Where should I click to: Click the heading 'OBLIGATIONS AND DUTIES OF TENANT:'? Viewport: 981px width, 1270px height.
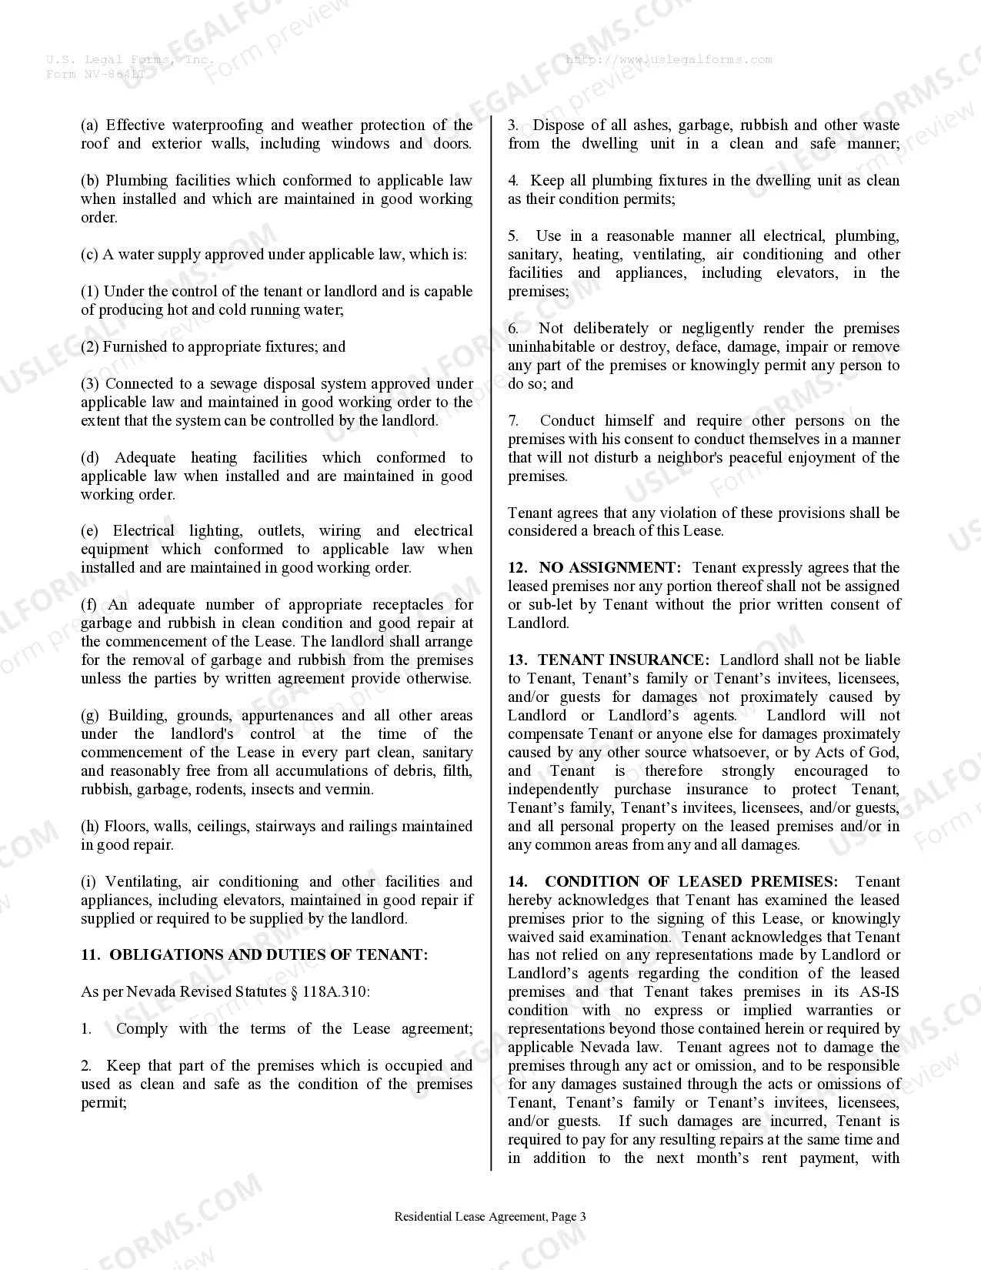[269, 955]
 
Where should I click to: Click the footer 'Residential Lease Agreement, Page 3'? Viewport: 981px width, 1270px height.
[490, 1217]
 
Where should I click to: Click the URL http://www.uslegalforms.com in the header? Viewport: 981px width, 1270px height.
[669, 60]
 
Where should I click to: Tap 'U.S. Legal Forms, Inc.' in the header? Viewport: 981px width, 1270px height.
[129, 60]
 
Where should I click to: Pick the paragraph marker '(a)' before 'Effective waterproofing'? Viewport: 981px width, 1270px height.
[90, 125]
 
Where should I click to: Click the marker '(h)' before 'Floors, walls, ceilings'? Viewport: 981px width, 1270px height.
[90, 827]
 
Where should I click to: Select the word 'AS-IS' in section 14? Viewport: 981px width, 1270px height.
[879, 992]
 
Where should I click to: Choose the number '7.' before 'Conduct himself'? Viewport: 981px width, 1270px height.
[513, 421]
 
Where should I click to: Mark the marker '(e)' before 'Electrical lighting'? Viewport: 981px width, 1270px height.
[90, 531]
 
